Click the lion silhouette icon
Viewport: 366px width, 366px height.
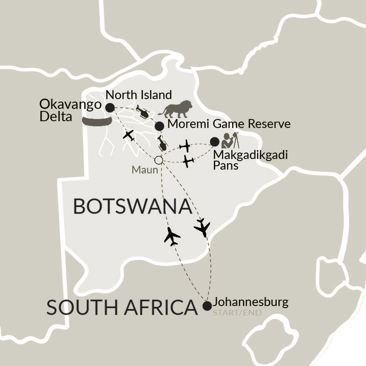175,109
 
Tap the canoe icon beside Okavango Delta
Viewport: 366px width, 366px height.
97,121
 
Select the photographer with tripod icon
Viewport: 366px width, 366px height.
230,140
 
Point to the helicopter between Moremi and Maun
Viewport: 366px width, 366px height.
162,143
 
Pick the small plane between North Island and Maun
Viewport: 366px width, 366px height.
129,135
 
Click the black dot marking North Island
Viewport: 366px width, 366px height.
110,108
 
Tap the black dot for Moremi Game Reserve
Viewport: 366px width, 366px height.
159,126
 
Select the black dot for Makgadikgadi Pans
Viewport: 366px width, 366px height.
214,142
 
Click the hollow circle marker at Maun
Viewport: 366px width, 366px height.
158,160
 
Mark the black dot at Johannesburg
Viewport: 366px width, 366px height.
207,306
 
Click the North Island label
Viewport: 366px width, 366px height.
139,94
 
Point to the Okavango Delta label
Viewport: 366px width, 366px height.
70,110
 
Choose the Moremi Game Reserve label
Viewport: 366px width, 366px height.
229,124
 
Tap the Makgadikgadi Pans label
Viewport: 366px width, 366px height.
250,159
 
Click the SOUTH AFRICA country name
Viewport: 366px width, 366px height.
122,307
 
